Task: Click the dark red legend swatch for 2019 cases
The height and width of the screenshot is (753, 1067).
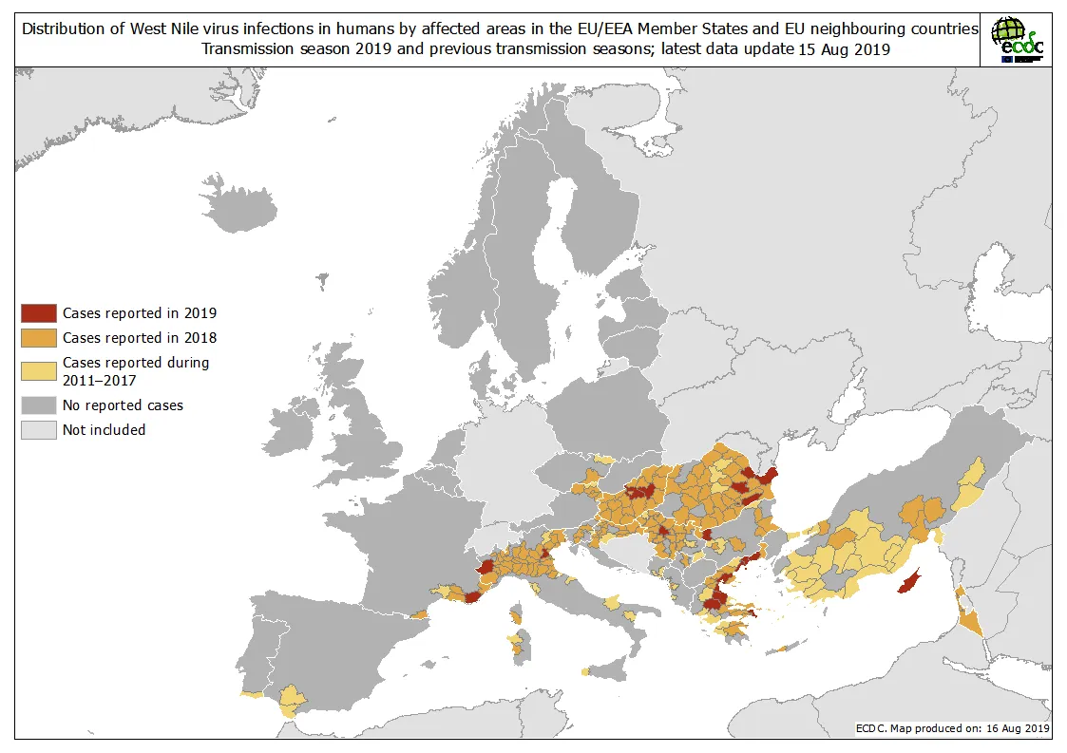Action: pos(39,312)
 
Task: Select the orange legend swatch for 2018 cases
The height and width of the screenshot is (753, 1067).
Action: pos(39,337)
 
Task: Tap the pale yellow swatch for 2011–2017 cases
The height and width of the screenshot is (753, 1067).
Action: pos(39,371)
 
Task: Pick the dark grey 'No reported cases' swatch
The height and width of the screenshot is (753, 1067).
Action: pos(39,405)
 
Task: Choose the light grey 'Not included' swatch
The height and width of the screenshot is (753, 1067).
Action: pos(39,430)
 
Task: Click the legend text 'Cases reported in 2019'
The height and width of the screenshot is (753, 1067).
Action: pos(140,312)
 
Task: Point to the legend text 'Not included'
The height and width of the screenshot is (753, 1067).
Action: pos(104,430)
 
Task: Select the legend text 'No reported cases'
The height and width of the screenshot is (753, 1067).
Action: pos(123,405)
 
